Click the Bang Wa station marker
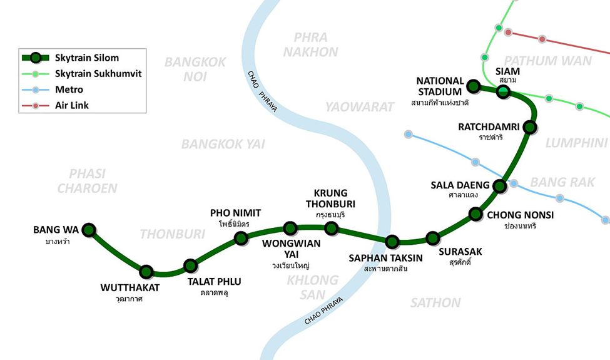pos(89,230)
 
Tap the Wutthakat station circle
pos(146,272)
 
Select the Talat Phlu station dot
pos(191,265)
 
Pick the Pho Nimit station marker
pos(241,238)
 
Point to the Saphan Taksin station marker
pos(392,242)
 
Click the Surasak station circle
pos(432,238)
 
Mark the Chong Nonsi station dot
pos(475,215)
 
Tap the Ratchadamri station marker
pos(530,128)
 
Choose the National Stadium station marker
pos(473,86)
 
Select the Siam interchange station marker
pos(503,92)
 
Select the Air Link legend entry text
pos(72,105)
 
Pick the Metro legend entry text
pos(69,90)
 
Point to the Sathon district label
pos(435,303)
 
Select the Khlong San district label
pos(313,287)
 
